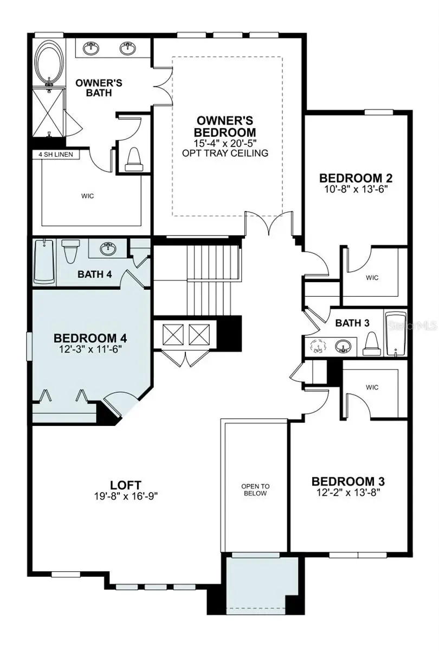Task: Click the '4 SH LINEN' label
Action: [56, 155]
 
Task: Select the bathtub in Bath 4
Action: [44, 261]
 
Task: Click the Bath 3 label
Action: [352, 323]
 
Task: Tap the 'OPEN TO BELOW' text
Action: [255, 490]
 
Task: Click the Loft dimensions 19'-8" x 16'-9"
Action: [126, 495]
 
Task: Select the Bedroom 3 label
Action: [348, 481]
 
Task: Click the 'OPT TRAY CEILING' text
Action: [225, 153]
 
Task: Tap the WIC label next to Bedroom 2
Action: [372, 278]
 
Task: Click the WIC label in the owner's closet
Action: [87, 196]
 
